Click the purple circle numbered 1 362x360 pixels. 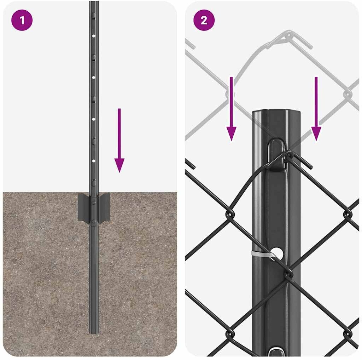[22, 20]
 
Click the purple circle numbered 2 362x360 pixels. [204, 20]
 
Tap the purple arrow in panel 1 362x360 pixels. [119, 140]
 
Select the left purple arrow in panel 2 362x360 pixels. [231, 109]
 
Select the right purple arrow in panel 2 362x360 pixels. [316, 109]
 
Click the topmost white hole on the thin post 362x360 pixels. [93, 36]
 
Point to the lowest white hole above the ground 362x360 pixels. [93, 161]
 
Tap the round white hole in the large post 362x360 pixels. [277, 253]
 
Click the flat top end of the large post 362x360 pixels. [276, 112]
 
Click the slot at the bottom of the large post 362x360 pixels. [276, 352]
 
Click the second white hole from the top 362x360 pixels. [93, 78]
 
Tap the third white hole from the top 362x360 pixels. [93, 119]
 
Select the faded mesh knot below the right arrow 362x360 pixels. [348, 94]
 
